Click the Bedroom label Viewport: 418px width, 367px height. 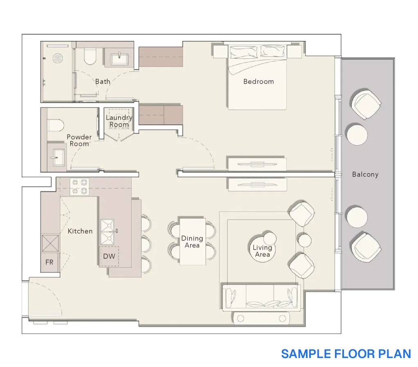[258, 81]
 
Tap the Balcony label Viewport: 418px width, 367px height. [365, 175]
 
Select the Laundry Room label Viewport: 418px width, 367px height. [119, 121]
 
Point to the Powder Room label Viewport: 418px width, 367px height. [79, 140]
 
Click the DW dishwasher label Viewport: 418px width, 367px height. [109, 256]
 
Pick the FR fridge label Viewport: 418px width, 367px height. [49, 262]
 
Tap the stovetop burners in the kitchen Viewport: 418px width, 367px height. [79, 187]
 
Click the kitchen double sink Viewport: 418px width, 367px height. [108, 232]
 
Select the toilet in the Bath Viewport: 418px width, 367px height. [90, 56]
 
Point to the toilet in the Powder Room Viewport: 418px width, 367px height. [56, 125]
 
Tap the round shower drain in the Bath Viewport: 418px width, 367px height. [58, 58]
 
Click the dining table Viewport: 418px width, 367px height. [193, 242]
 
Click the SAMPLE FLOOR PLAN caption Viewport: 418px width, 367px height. [346, 354]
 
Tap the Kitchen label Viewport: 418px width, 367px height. [80, 231]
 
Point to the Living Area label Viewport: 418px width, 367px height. [262, 251]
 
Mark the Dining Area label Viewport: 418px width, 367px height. [192, 242]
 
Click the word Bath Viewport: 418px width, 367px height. [103, 81]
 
